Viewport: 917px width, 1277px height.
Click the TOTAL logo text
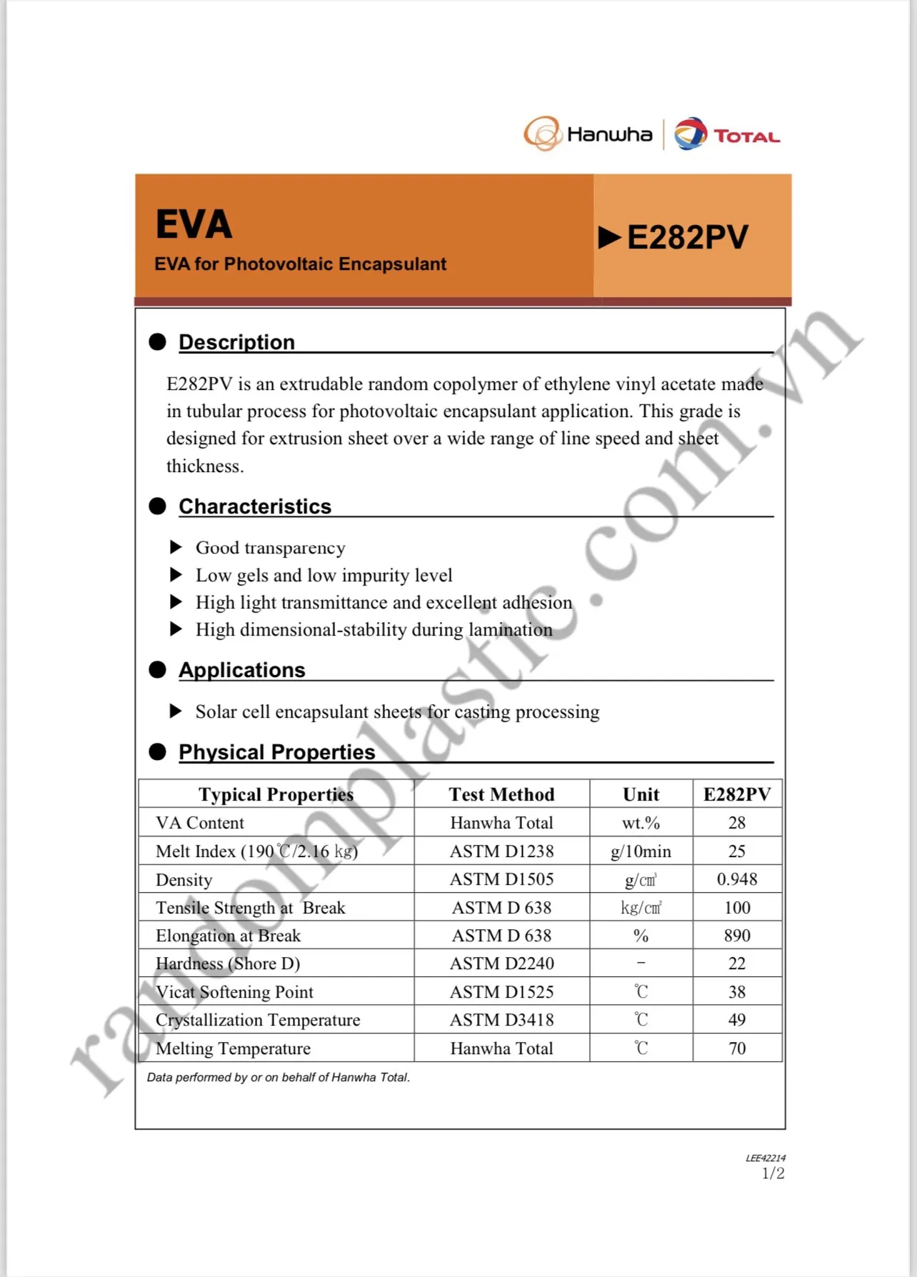tap(746, 136)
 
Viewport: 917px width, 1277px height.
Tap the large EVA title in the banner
tap(194, 224)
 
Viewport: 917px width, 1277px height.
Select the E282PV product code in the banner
tap(687, 238)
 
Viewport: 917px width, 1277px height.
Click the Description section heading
tap(236, 342)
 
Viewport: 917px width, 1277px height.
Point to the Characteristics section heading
tap(255, 506)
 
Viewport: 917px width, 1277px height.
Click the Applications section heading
tap(241, 670)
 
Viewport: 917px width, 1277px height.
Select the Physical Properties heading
tap(276, 752)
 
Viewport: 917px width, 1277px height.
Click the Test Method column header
tap(501, 794)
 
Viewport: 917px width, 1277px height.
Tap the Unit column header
tap(641, 794)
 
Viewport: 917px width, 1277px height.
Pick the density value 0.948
tap(737, 879)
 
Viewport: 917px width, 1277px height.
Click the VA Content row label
tap(200, 823)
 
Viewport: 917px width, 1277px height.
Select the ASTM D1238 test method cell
tap(501, 851)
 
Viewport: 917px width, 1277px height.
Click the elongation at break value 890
tap(737, 936)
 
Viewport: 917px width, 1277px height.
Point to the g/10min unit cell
tap(641, 851)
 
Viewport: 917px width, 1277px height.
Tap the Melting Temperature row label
tap(233, 1048)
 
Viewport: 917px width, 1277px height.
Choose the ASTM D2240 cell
tap(501, 963)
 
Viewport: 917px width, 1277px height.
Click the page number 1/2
tap(773, 1173)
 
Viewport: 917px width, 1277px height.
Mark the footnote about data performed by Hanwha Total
tap(279, 1077)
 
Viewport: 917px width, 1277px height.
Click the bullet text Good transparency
tap(270, 548)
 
